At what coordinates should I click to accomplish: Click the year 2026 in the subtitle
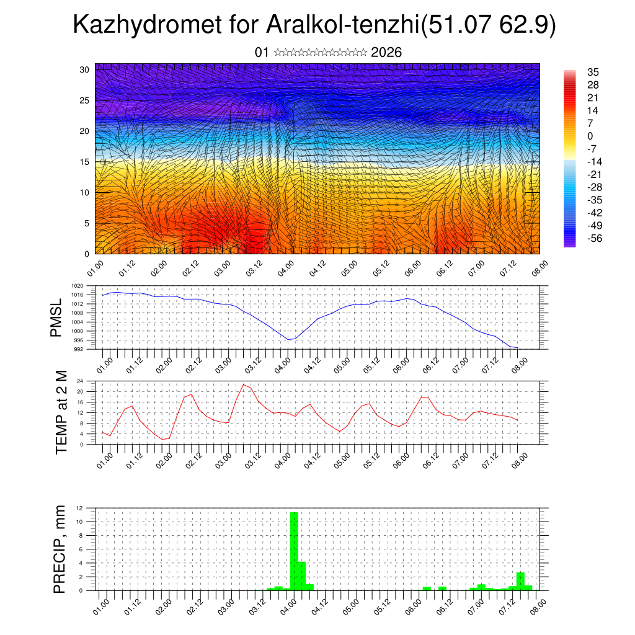point(386,53)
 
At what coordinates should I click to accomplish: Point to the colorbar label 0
point(590,136)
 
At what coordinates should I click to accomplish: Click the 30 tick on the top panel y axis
point(85,69)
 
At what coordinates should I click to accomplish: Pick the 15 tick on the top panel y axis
point(85,162)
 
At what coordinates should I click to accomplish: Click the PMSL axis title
point(56,317)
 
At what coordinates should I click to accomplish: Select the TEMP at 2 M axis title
point(61,413)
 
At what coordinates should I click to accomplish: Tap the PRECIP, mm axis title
point(60,548)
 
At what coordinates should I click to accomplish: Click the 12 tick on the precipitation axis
point(79,508)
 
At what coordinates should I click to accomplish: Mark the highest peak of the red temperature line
point(244,384)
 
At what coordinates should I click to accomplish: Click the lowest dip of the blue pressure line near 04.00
point(289,340)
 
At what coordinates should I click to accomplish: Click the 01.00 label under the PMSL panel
point(104,361)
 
